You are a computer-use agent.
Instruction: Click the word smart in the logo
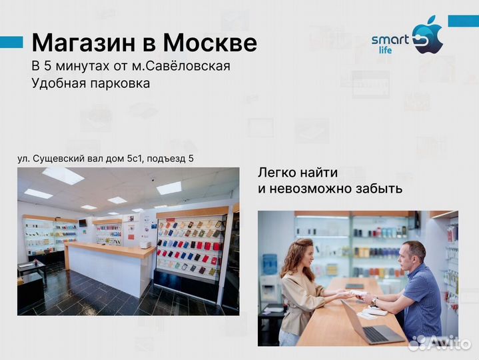click(390, 39)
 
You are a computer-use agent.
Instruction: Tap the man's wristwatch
click(375, 301)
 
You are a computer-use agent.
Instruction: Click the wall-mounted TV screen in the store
click(83, 222)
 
